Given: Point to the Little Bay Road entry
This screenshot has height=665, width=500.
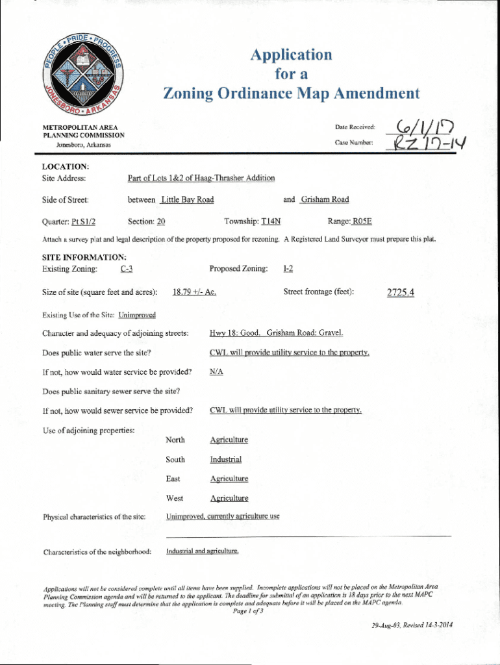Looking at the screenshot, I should (187, 199).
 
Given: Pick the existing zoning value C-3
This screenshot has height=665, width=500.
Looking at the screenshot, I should (127, 269).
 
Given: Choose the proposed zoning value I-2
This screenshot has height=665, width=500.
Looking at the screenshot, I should (289, 269).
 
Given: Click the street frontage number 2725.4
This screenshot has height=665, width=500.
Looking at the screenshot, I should (400, 292).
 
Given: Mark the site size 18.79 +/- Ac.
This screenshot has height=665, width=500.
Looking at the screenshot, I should (194, 292).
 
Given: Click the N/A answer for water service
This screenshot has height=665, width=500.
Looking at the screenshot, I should (217, 372).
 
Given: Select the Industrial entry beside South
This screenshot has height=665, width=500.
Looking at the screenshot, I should (225, 460).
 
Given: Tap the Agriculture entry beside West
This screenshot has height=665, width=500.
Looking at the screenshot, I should (229, 498).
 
